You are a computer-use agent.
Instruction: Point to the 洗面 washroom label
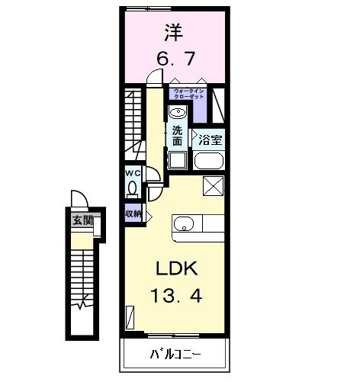pyautogui.click(x=177, y=135)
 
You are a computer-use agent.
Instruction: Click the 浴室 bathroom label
pyautogui.click(x=210, y=140)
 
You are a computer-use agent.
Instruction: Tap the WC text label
pyautogui.click(x=132, y=172)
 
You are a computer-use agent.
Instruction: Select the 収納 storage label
pyautogui.click(x=133, y=214)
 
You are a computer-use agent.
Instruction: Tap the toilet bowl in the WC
pyautogui.click(x=133, y=188)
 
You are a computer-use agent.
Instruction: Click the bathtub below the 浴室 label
pyautogui.click(x=208, y=160)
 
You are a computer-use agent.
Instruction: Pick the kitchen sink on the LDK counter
pyautogui.click(x=185, y=223)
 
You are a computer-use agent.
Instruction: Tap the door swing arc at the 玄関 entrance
pyautogui.click(x=78, y=200)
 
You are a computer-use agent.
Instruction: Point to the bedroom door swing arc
pyautogui.click(x=156, y=77)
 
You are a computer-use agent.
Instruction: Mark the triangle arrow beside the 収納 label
pyautogui.click(x=149, y=215)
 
